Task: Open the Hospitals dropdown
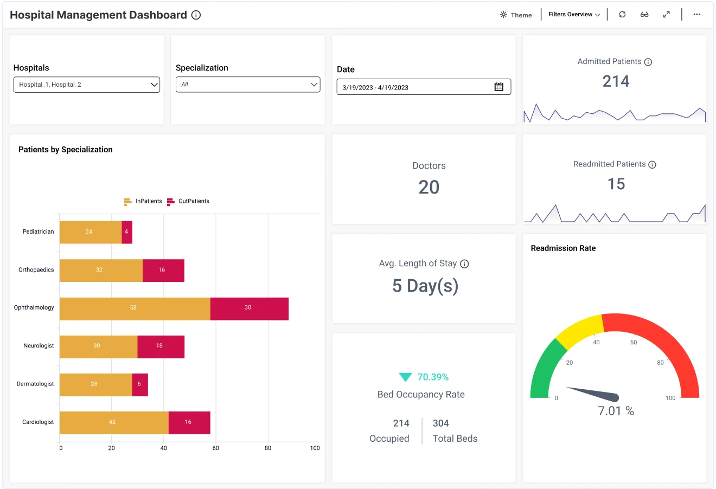(x=86, y=85)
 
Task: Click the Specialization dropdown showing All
(x=248, y=85)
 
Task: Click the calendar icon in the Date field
(x=499, y=87)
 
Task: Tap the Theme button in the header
(x=516, y=15)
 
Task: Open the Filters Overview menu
(x=574, y=15)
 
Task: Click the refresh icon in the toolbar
(x=622, y=15)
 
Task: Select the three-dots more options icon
(x=697, y=15)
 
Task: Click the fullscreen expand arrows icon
(x=666, y=15)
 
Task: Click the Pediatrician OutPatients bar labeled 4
(x=127, y=232)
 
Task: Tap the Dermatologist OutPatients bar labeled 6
(x=140, y=384)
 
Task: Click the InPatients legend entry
(x=143, y=201)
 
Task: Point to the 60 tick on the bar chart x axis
(x=216, y=448)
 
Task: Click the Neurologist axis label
(x=39, y=346)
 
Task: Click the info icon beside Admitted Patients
(x=648, y=62)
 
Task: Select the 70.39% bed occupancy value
(x=432, y=377)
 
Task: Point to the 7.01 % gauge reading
(x=616, y=411)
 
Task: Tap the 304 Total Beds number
(x=440, y=423)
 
